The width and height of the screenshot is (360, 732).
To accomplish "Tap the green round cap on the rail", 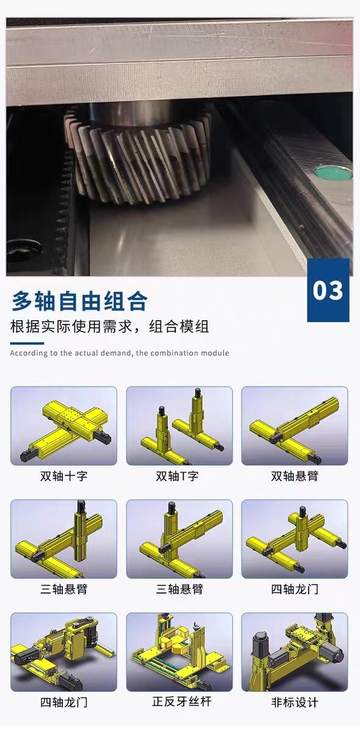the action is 333,173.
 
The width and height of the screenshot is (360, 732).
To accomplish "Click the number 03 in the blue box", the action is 328,290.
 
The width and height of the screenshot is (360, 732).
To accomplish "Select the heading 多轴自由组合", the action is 79,301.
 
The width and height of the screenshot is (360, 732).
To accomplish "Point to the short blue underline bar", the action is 27,343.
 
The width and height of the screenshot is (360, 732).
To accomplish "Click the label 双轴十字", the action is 63,476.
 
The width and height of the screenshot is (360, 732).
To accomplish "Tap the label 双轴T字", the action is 177,476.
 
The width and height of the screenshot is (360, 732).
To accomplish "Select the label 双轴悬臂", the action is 294,476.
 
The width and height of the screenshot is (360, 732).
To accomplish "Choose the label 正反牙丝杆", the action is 182,701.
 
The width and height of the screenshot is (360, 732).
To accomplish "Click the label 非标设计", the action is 294,702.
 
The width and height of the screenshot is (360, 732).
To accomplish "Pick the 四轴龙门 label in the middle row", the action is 294,589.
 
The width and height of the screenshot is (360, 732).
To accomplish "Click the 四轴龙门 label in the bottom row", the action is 63,702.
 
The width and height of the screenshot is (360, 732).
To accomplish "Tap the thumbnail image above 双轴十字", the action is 63,426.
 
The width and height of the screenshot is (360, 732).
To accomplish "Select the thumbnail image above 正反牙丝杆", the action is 179,652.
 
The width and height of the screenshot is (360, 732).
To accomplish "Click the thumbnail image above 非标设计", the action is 295,652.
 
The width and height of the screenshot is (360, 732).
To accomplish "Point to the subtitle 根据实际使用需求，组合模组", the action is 110,326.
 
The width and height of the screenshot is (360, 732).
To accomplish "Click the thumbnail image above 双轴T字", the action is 179,426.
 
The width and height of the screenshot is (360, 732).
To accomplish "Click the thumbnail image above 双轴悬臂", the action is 295,426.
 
